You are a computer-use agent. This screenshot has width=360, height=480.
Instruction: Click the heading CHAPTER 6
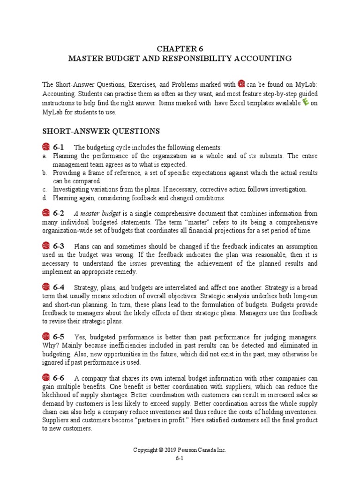180,48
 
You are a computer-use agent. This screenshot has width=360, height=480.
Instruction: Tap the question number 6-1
59,147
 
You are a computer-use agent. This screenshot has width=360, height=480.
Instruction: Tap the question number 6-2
59,213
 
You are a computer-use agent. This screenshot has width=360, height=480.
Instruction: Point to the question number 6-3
59,246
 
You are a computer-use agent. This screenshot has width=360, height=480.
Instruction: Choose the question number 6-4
59,287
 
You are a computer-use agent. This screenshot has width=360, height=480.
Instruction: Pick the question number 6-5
59,337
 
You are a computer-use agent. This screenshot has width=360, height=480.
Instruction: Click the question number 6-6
59,378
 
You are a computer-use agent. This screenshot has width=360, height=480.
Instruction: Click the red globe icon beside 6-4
46,287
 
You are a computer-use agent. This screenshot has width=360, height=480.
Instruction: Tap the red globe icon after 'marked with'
241,84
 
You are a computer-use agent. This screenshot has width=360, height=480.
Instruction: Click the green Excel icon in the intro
306,103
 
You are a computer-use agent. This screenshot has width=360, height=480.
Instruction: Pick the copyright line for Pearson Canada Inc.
180,450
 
